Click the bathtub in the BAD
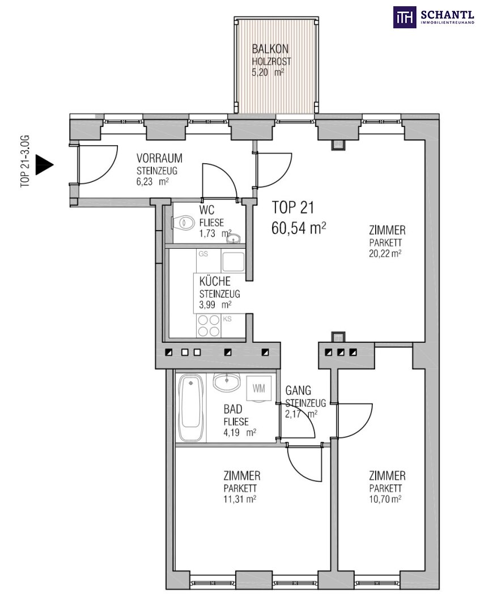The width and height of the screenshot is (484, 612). tap(191, 408)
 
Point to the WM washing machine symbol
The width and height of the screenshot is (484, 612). tap(258, 389)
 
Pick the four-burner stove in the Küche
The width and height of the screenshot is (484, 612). tap(209, 325)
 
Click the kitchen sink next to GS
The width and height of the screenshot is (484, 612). tap(233, 261)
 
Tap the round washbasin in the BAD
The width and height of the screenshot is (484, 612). tap(226, 382)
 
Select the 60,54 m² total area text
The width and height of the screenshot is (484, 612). tap(299, 228)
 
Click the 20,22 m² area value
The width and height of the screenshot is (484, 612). tap(385, 253)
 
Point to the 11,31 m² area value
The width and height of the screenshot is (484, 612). tap(240, 499)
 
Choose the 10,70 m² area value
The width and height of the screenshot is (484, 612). tap(385, 499)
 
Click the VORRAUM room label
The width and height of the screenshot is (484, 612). tap(159, 158)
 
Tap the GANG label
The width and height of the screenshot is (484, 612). tap(298, 390)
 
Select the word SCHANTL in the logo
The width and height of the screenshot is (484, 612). tap(447, 15)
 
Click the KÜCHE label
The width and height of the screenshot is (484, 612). tap(215, 281)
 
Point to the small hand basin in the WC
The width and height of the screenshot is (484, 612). tap(235, 239)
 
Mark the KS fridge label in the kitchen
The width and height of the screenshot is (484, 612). tap(227, 319)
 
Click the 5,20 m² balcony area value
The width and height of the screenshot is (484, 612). tap(268, 72)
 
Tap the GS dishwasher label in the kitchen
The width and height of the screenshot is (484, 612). tap(203, 254)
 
